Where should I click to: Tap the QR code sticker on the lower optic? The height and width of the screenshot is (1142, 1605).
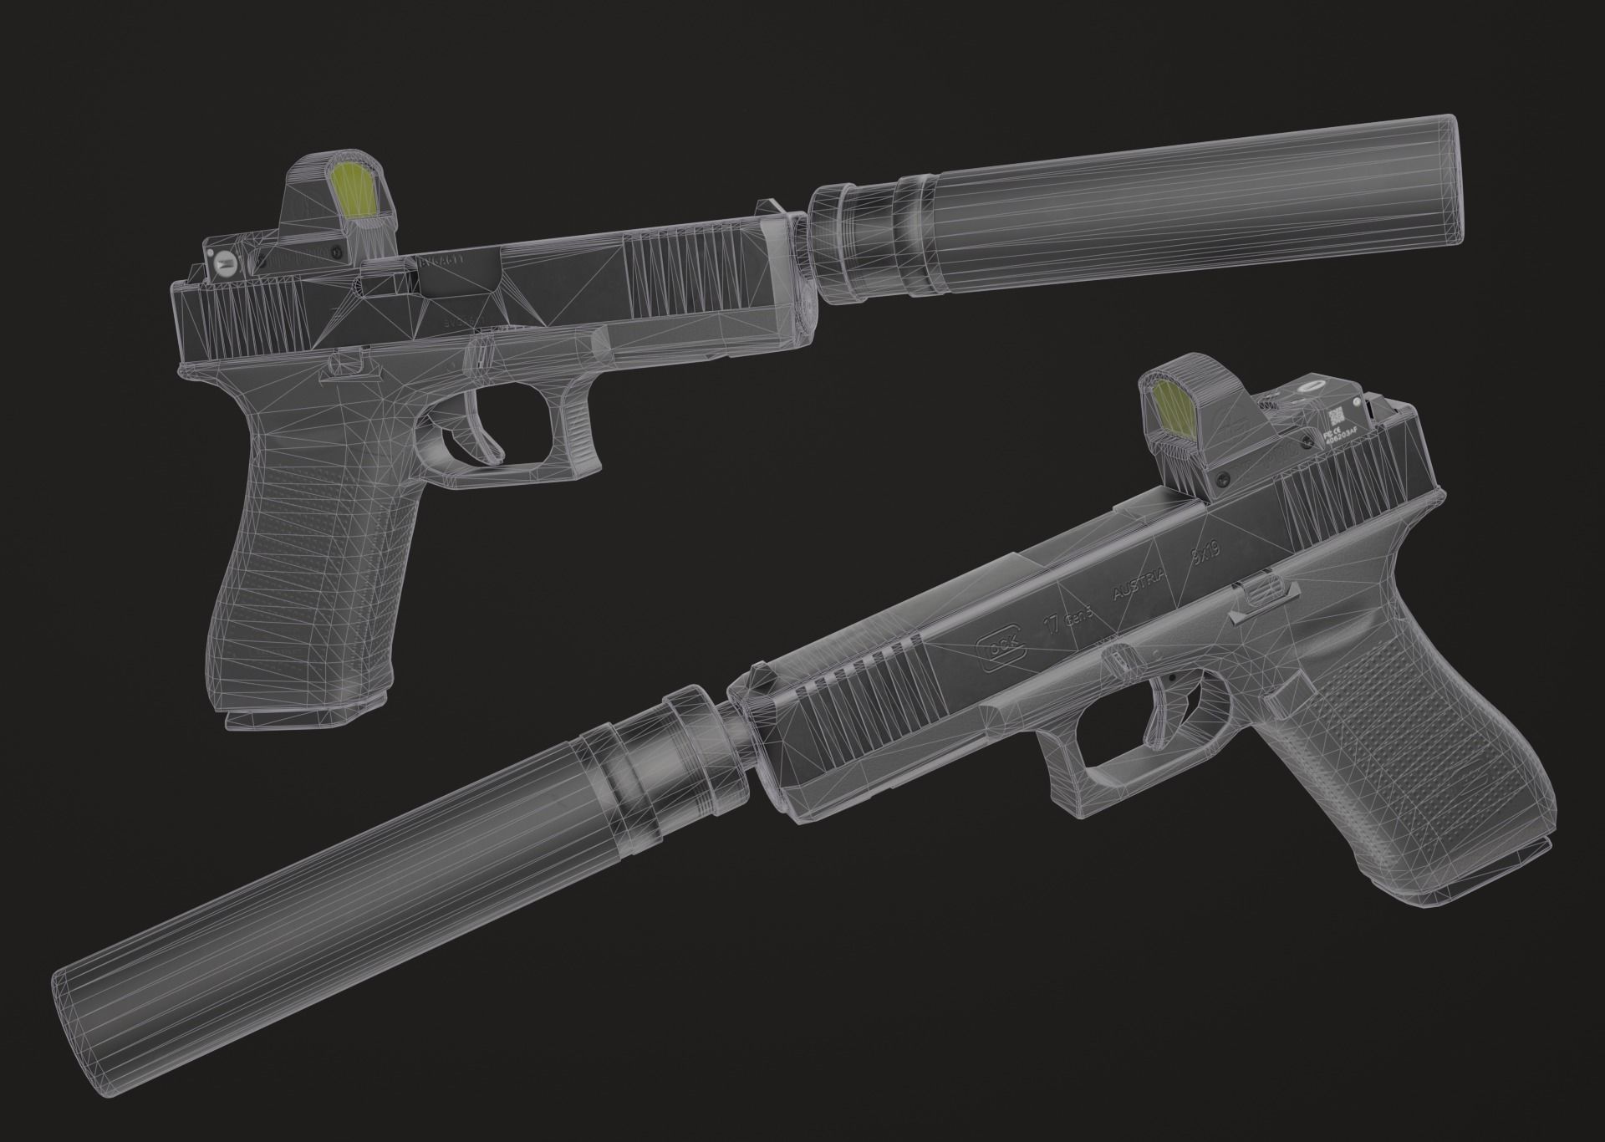click(x=1337, y=416)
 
